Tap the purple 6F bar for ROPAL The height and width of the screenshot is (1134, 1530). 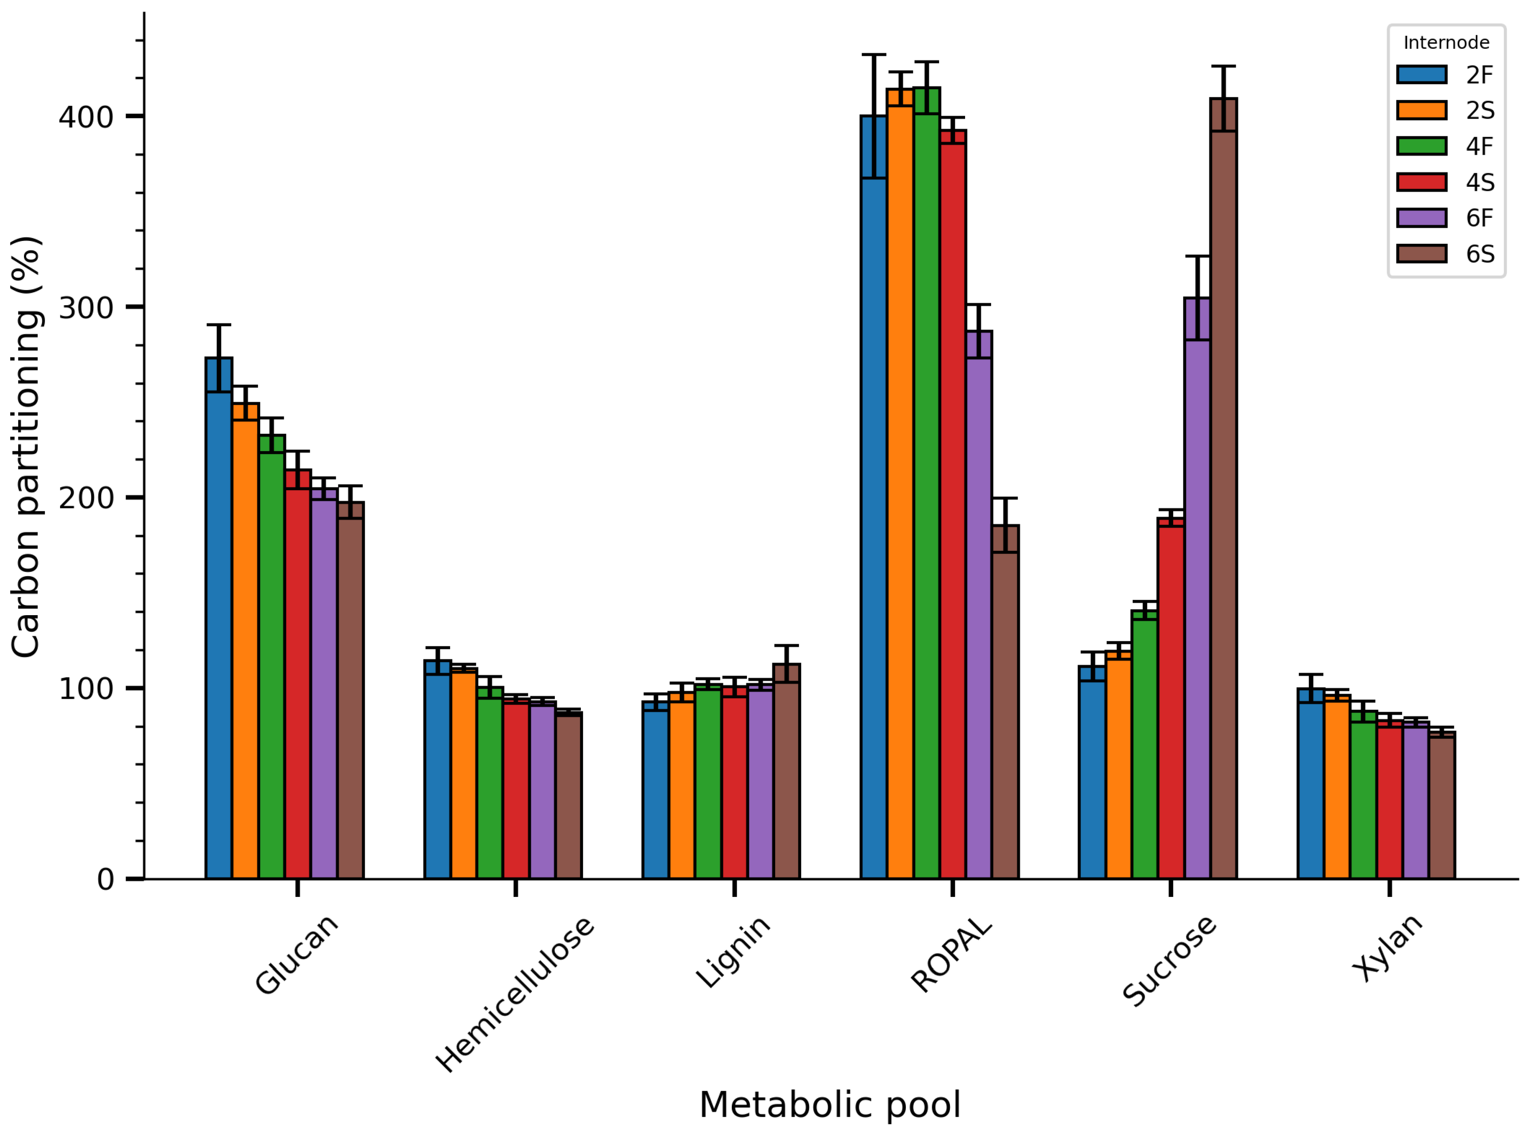(x=979, y=604)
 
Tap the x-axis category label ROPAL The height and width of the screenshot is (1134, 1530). (x=952, y=956)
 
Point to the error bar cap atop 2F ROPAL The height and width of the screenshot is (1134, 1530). (x=873, y=54)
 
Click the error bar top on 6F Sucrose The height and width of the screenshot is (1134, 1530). (x=1197, y=256)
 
